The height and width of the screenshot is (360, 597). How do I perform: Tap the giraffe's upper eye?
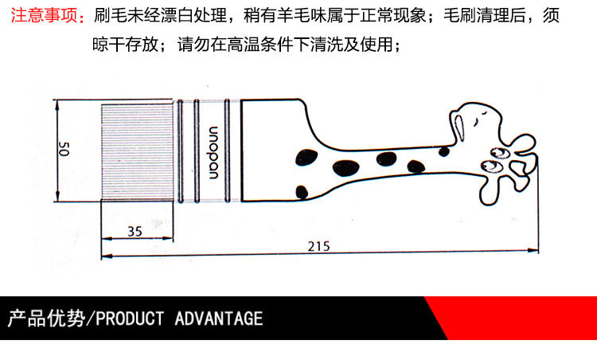[501, 153]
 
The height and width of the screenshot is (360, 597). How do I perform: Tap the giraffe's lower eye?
[489, 166]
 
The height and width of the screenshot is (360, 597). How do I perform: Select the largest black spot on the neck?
[345, 168]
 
